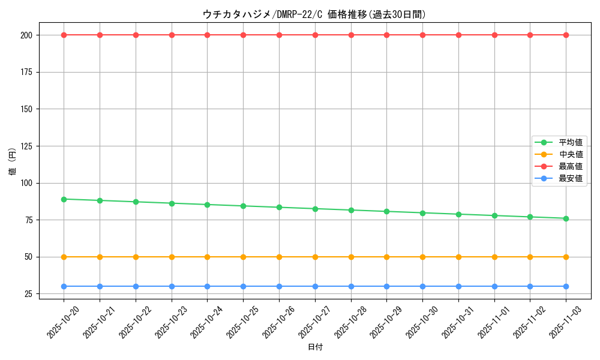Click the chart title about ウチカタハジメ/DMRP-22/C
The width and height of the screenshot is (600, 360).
click(314, 14)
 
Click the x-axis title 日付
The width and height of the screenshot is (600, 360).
click(315, 347)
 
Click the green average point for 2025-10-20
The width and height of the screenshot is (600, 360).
click(64, 199)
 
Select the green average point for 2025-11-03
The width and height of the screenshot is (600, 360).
click(566, 218)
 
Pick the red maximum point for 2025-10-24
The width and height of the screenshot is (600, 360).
click(207, 35)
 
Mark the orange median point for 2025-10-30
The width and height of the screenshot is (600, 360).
click(422, 257)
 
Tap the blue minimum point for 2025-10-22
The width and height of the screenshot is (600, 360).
click(136, 286)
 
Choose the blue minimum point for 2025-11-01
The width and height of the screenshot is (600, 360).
click(494, 286)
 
